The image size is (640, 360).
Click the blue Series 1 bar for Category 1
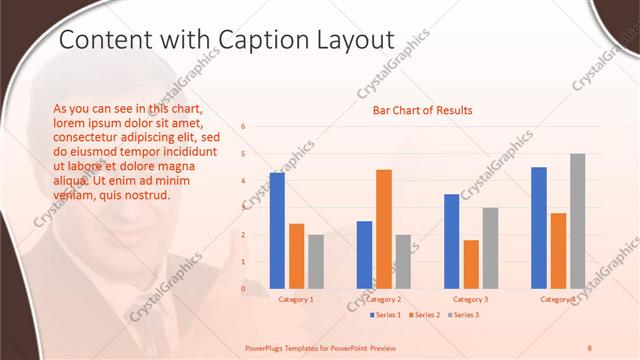277,231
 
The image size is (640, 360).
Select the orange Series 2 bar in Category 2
384,229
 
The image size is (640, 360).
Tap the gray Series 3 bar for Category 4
578,221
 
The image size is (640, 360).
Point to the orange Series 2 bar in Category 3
471,264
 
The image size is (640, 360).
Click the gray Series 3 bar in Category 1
316,261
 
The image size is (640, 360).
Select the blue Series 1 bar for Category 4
539,228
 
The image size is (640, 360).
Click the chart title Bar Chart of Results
423,110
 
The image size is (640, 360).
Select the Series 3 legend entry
462,315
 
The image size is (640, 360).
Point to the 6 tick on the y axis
243,127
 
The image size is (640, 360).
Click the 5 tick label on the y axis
243,154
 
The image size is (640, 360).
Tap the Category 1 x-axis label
296,299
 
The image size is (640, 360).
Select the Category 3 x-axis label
471,299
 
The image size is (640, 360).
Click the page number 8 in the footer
590,347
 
